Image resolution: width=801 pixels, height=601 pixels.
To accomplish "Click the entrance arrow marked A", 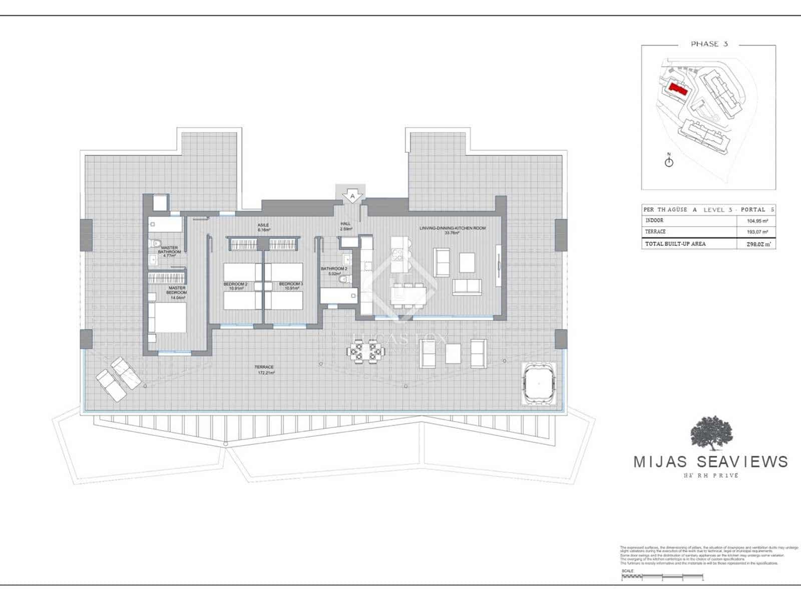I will pyautogui.click(x=352, y=196).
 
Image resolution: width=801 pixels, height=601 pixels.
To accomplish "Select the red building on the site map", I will pyautogui.click(x=678, y=89).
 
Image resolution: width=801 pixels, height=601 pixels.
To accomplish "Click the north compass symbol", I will pyautogui.click(x=669, y=161).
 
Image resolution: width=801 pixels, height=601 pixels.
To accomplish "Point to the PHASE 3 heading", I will pyautogui.click(x=709, y=44).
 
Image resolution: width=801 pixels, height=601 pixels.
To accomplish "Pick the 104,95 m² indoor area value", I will pyautogui.click(x=757, y=220).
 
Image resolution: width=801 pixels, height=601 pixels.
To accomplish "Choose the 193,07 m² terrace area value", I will pyautogui.click(x=757, y=232).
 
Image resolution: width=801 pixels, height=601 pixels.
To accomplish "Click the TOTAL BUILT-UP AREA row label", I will pyautogui.click(x=675, y=244).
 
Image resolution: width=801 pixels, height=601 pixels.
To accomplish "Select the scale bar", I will pyautogui.click(x=662, y=577).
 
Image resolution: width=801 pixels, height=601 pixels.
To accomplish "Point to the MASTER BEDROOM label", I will pyautogui.click(x=177, y=290).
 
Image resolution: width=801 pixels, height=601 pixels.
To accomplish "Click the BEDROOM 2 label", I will pyautogui.click(x=235, y=286).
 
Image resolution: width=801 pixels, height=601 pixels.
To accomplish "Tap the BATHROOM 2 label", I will pyautogui.click(x=333, y=271).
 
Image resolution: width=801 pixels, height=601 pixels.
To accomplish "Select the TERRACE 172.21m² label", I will pyautogui.click(x=265, y=370).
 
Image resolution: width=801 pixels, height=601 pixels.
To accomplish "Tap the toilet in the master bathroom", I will pyautogui.click(x=156, y=244).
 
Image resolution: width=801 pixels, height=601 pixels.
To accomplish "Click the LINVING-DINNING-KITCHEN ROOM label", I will pyautogui.click(x=452, y=230).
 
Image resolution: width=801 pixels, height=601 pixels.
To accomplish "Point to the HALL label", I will pyautogui.click(x=345, y=226).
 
